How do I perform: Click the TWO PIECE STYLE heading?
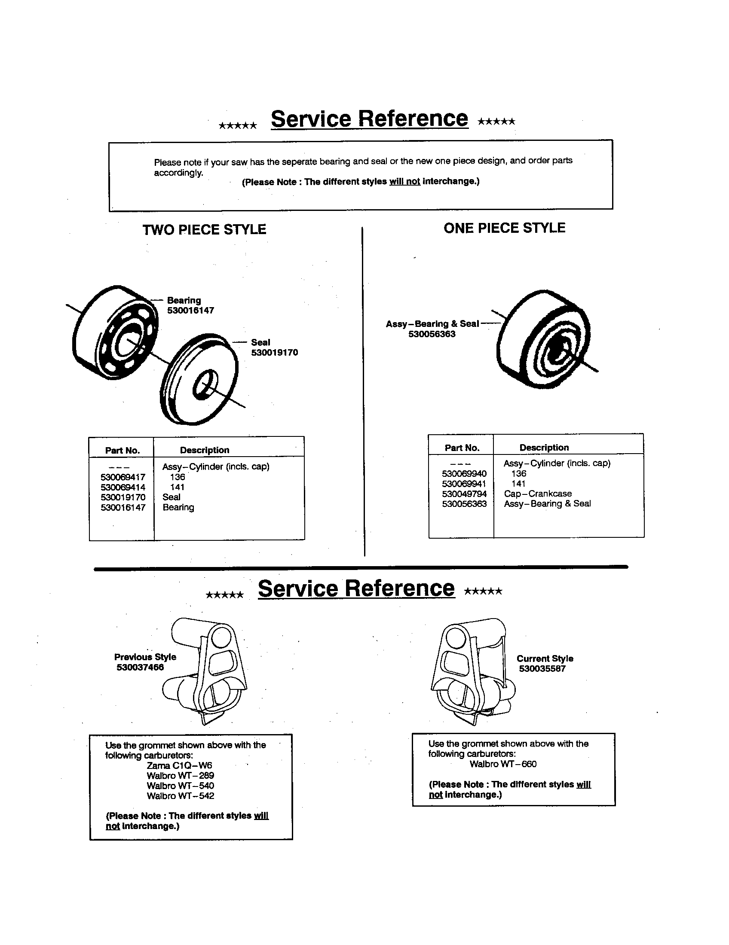tap(204, 229)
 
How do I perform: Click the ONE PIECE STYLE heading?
tap(504, 228)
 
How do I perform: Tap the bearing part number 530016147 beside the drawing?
tap(190, 310)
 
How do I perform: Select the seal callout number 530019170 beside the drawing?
tap(275, 352)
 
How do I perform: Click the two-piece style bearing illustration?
tap(115, 332)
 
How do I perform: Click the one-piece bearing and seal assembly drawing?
tap(544, 339)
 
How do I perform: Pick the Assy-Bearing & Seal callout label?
tap(432, 323)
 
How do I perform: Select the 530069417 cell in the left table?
tap(123, 477)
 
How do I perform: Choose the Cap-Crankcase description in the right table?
tap(538, 493)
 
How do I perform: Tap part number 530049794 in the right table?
tap(464, 494)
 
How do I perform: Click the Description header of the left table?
tap(204, 450)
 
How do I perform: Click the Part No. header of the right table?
tap(462, 448)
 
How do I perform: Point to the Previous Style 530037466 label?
tap(144, 662)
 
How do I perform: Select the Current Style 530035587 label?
tap(545, 663)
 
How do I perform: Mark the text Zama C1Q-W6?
tap(179, 765)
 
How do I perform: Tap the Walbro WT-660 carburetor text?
tap(503, 764)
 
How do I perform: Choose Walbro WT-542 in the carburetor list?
tap(180, 796)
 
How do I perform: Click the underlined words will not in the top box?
tap(404, 181)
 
